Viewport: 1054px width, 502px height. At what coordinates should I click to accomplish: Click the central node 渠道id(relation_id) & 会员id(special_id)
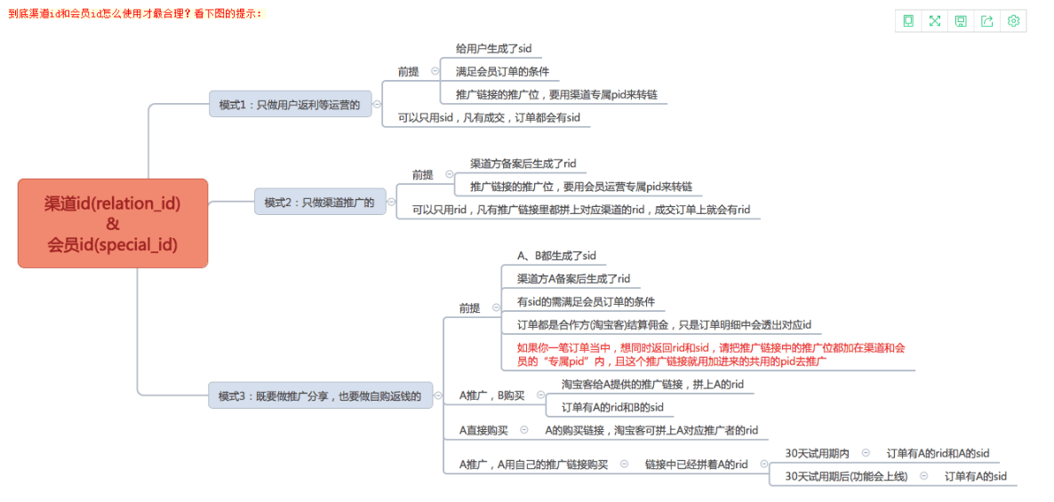point(112,224)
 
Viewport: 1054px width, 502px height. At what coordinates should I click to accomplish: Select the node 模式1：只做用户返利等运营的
point(290,104)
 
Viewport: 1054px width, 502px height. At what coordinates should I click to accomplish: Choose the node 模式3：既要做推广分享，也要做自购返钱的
point(320,395)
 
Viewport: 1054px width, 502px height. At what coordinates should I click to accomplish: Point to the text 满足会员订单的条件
point(498,71)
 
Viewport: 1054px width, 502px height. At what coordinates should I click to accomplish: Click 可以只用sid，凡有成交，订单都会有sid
point(489,117)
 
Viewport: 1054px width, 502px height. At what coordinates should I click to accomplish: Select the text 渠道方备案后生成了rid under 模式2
point(523,163)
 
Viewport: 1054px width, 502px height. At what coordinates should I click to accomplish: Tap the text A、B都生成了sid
point(556,255)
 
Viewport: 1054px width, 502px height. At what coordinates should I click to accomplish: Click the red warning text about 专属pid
point(710,355)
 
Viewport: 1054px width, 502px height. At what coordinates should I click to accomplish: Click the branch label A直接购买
point(483,429)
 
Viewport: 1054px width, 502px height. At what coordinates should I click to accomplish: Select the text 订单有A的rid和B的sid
point(613,407)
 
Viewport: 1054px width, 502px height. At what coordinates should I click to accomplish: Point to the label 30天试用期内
point(817,454)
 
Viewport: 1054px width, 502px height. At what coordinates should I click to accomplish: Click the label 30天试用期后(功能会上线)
point(846,476)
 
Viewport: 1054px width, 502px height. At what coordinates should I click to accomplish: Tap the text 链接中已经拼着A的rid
point(697,464)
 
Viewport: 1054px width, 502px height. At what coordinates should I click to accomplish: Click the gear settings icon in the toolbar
point(1013,20)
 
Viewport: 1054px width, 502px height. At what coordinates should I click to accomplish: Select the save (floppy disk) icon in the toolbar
point(961,20)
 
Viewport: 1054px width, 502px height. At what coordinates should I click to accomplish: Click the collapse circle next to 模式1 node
point(377,104)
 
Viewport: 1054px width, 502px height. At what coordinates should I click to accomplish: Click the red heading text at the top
point(136,13)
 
